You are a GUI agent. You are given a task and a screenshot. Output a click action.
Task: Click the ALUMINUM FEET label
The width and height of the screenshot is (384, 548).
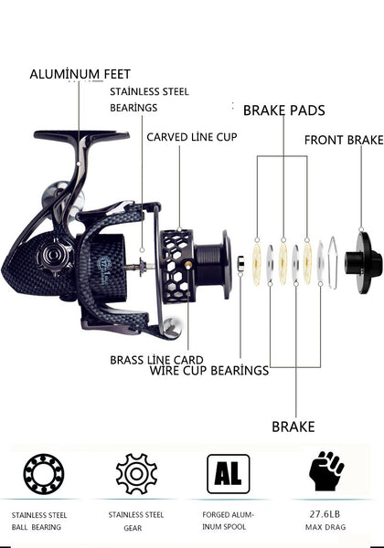[80, 74]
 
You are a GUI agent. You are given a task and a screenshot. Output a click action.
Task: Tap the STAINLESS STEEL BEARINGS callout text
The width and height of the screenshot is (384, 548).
[149, 100]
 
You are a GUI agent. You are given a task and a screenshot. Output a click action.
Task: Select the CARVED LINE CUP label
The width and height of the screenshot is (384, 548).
[192, 137]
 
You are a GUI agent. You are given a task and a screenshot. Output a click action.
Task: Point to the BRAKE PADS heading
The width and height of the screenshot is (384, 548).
[284, 111]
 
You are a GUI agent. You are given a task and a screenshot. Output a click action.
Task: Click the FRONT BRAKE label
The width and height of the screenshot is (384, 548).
[344, 140]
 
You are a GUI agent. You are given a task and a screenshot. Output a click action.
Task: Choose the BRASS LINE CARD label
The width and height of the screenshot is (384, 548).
[156, 360]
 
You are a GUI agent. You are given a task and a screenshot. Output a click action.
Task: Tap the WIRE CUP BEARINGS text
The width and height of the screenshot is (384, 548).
[209, 371]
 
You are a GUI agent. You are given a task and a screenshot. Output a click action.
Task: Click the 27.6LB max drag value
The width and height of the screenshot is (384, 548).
[325, 514]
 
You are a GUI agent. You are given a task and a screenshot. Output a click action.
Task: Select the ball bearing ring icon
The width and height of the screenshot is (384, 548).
[44, 474]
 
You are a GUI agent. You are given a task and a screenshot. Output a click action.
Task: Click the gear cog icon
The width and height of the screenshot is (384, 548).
[136, 473]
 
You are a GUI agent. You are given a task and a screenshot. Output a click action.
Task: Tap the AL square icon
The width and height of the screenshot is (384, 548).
[229, 473]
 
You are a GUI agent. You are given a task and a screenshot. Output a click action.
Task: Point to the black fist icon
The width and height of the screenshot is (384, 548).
[326, 470]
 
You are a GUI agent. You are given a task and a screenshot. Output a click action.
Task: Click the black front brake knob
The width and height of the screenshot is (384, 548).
[364, 263]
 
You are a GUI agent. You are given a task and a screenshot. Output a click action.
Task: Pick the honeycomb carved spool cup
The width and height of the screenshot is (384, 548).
[177, 267]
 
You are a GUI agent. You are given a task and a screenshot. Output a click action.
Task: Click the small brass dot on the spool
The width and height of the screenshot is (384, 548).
[188, 266]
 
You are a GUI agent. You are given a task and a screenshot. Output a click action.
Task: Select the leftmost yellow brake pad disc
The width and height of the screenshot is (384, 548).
[257, 264]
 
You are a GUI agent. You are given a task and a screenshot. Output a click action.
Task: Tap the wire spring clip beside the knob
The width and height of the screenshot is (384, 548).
[333, 263]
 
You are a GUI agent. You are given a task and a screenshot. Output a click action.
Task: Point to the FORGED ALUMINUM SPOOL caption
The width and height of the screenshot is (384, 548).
[228, 521]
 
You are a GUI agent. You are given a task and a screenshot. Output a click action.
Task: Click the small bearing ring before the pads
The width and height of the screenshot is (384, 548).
[241, 264]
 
